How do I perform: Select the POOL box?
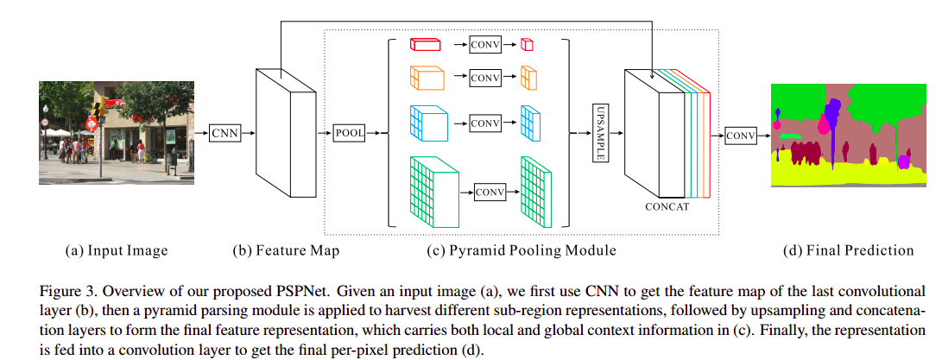click(350, 133)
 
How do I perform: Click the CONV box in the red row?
click(484, 45)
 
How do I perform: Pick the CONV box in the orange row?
click(484, 79)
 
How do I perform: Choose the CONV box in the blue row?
click(484, 123)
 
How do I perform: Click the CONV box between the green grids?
click(490, 192)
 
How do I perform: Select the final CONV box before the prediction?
click(740, 136)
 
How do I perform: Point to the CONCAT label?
click(667, 207)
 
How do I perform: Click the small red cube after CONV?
click(527, 46)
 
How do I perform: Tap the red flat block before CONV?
click(425, 45)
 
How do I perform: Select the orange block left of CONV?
click(426, 79)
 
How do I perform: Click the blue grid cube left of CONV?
click(428, 123)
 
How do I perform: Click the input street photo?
click(117, 132)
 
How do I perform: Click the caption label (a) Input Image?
click(117, 251)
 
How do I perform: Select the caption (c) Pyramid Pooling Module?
click(522, 251)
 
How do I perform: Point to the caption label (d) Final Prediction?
click(847, 251)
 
